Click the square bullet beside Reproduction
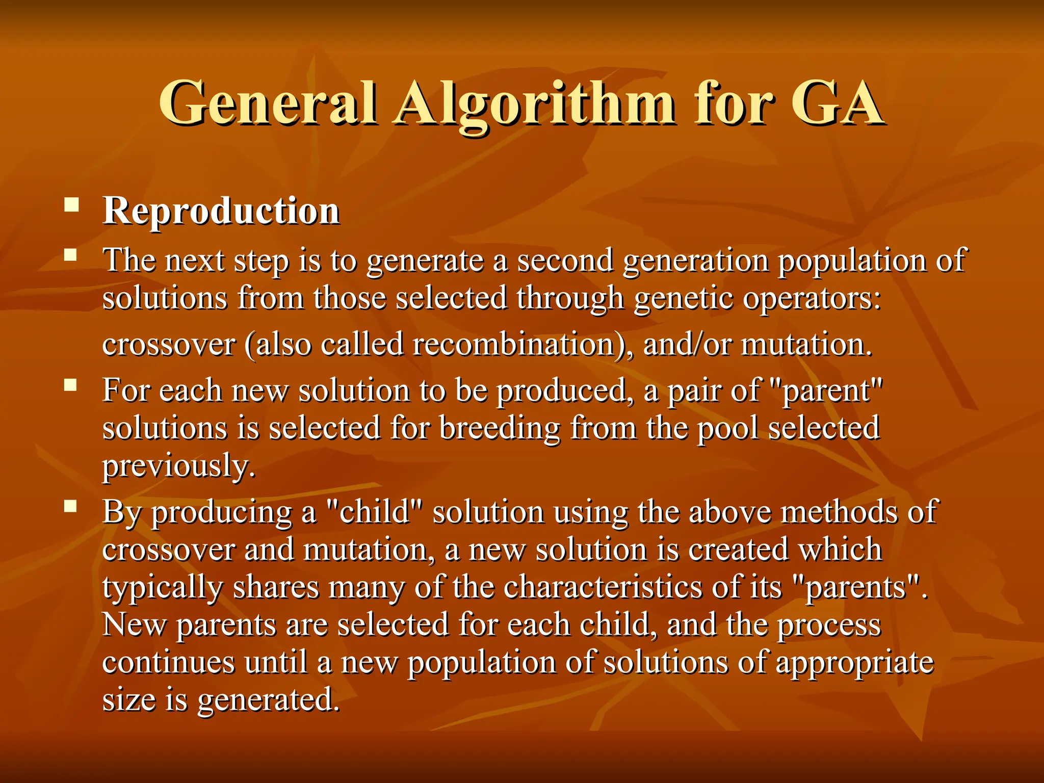tap(71, 205)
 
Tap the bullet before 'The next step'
tap(70, 254)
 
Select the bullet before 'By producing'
tap(70, 506)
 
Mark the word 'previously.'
tap(179, 466)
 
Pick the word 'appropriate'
tap(854, 663)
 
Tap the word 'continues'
tap(168, 662)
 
